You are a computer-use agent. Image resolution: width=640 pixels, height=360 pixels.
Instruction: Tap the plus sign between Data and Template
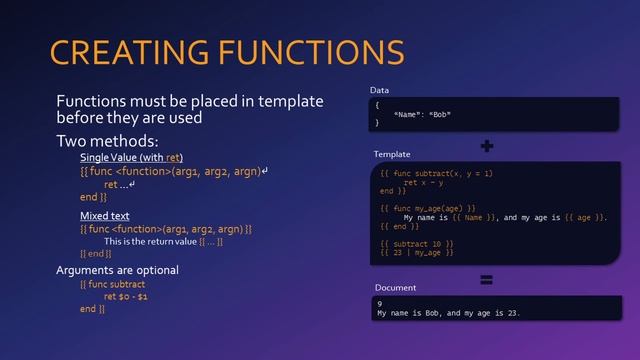pyautogui.click(x=487, y=146)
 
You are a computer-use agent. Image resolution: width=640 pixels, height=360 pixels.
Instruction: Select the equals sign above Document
pyautogui.click(x=487, y=279)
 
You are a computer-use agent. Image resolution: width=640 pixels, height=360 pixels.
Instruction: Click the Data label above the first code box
pyautogui.click(x=380, y=90)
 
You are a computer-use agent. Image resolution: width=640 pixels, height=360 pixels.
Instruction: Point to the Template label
pyautogui.click(x=392, y=155)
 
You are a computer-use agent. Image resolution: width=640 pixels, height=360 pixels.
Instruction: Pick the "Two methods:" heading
pyautogui.click(x=107, y=141)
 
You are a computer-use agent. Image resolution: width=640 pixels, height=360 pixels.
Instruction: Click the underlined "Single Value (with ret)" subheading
pyautogui.click(x=131, y=158)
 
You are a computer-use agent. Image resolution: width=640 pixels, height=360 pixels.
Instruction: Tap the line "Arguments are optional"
pyautogui.click(x=117, y=270)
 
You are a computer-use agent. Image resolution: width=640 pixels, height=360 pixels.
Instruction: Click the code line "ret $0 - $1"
pyautogui.click(x=126, y=297)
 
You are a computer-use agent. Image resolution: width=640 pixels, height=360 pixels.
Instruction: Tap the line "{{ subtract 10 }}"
pyautogui.click(x=417, y=243)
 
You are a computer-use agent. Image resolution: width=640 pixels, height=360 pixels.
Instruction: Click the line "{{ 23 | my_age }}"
pyautogui.click(x=417, y=252)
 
